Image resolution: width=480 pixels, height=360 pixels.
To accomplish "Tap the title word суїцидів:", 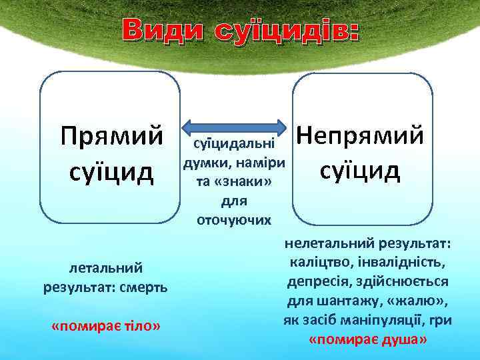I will pyautogui.click(x=287, y=31).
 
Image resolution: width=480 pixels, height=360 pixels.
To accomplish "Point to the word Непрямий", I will pyautogui.click(x=360, y=135).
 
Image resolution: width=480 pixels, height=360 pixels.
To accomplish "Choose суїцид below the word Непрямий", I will pyautogui.click(x=360, y=170).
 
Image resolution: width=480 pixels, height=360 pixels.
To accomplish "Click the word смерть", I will pyautogui.click(x=143, y=287).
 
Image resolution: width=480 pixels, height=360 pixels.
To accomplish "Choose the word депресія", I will pyautogui.click(x=317, y=281).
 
